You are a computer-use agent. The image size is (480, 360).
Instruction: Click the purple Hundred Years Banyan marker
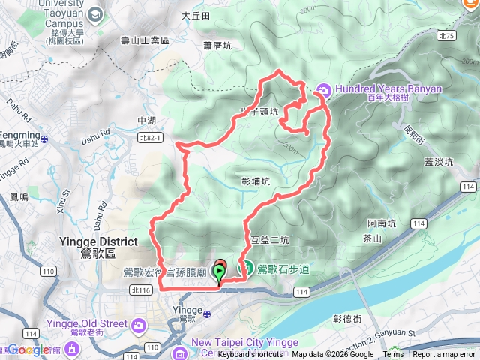click(324, 88)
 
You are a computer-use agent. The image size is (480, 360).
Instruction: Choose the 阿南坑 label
click(382, 223)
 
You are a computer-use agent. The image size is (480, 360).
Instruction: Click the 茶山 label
click(372, 238)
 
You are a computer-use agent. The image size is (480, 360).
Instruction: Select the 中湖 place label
click(147, 120)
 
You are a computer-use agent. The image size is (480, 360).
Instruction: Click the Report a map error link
click(444, 355)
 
